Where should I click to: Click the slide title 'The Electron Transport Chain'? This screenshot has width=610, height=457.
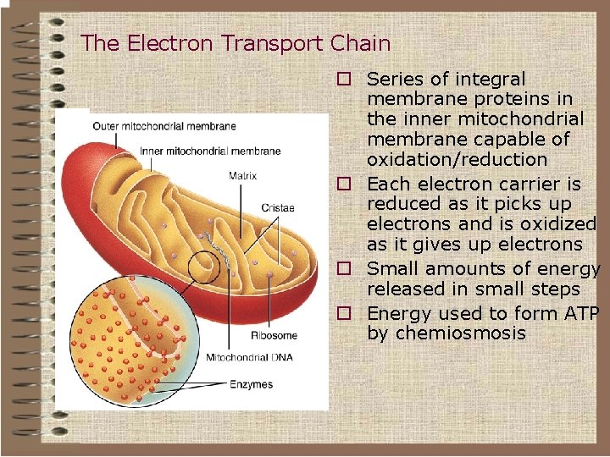coord(236,43)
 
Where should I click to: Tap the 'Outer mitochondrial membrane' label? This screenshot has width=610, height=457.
coord(164,127)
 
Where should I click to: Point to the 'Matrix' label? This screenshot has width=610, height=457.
coord(242,176)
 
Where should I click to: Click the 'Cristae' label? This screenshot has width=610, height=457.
coord(278,207)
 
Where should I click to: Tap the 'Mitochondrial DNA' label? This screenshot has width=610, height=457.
coord(249,357)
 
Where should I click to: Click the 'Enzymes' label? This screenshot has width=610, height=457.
coord(252,384)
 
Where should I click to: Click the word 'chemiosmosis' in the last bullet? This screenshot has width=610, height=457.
coord(446,333)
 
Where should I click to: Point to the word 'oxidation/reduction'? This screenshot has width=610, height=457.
coord(457,159)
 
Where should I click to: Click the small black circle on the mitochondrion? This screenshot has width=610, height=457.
coord(203,267)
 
